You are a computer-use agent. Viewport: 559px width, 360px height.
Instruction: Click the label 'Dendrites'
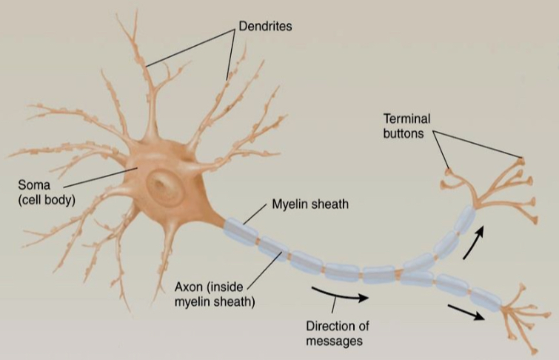[x=265, y=27]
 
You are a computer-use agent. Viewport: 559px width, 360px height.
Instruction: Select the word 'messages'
[x=337, y=341]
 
